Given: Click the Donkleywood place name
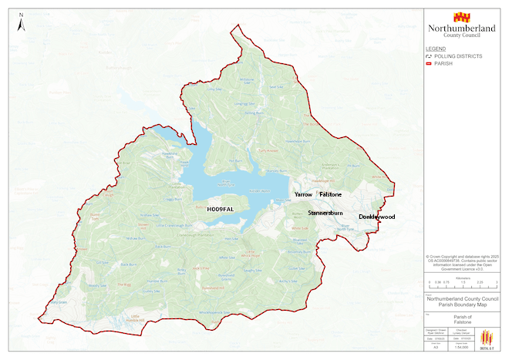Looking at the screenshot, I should tap(376, 217).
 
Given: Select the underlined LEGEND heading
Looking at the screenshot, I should tap(436, 49).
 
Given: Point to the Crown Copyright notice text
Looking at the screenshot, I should tap(463, 261).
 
